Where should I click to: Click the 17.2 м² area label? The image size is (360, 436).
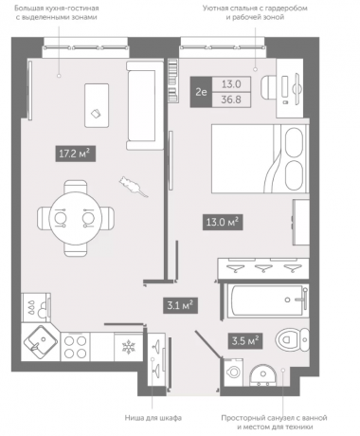(x=75, y=154)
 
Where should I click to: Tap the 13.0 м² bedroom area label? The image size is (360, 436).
(x=223, y=222)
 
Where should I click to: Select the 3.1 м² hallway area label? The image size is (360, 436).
(x=180, y=305)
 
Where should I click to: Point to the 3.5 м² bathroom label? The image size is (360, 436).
(x=245, y=340)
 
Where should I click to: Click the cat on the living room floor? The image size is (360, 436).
(x=133, y=187)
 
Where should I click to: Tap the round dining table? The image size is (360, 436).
(x=76, y=218)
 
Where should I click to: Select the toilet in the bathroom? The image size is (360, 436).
(x=292, y=340)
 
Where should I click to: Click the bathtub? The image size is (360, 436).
(x=267, y=300)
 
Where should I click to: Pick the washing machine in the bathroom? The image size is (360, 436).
(x=233, y=372)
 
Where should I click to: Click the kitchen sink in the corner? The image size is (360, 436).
(x=41, y=342)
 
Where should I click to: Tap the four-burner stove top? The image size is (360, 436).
(x=75, y=347)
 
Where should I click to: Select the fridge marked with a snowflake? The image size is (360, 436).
(x=129, y=347)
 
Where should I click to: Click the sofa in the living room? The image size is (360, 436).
(x=145, y=105)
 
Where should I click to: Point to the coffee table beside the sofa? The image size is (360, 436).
(x=97, y=105)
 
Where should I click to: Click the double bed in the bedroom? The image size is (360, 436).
(x=260, y=158)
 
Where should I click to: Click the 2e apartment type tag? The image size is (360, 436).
(x=201, y=92)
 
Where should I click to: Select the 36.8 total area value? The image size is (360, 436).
(x=231, y=100)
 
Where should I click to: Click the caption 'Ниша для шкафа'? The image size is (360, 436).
(x=153, y=418)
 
